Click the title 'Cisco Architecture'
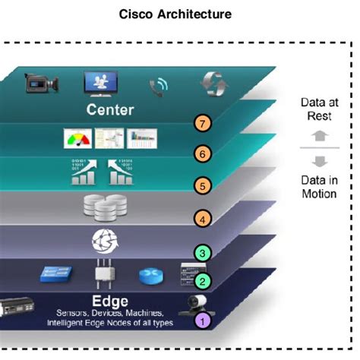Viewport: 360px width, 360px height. coord(179,14)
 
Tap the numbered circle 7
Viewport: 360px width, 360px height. coord(203,123)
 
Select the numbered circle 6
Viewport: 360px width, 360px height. coord(202,153)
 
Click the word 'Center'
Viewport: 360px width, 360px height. coord(110,110)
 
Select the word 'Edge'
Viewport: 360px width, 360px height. coord(109,299)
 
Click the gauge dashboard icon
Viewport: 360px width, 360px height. coord(75,140)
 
